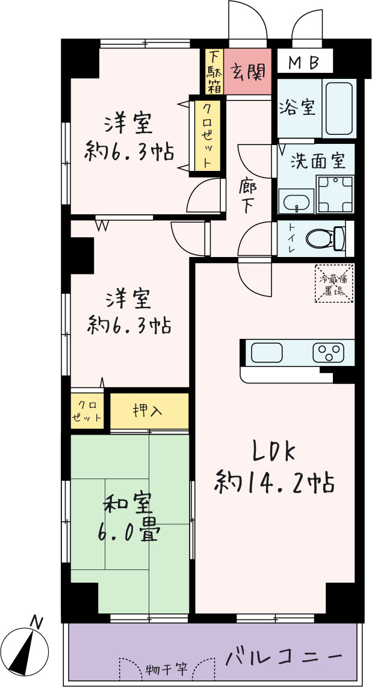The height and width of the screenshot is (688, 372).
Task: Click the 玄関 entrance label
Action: (248, 72)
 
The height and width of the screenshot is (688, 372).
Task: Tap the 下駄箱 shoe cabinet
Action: (214, 71)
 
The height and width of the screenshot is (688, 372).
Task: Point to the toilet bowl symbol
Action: (326, 239)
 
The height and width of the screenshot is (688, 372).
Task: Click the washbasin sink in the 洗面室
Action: (297, 203)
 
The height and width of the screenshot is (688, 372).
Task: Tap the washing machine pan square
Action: (336, 194)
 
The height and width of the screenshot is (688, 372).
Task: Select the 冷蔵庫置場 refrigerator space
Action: (335, 283)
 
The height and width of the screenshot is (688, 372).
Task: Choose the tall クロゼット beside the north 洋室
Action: (205, 136)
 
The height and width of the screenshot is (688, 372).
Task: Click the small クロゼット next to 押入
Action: (87, 411)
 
